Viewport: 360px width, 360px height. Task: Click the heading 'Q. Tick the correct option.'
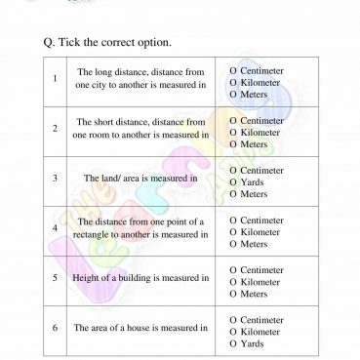(x=107, y=44)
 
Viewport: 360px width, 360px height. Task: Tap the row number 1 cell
(x=56, y=79)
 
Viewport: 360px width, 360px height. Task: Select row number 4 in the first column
(x=56, y=228)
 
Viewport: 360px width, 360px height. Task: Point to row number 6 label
(x=56, y=328)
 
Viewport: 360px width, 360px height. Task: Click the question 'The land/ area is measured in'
(x=140, y=179)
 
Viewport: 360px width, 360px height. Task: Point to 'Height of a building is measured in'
(x=140, y=278)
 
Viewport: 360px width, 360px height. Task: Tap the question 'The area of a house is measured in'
(x=140, y=328)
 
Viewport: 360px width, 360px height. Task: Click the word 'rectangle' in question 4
(x=97, y=235)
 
